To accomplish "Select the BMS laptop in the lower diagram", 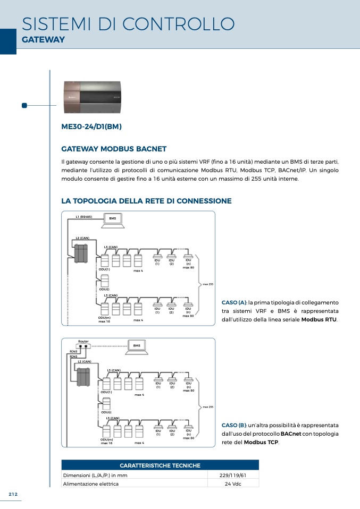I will point(137,346).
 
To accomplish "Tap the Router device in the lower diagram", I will point(83,346).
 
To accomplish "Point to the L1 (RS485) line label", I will point(84,217).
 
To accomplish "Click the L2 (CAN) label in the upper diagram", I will point(82,238).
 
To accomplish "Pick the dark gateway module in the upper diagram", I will point(81,253).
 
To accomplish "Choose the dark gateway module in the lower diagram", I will point(83,377).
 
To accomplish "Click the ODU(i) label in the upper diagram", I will point(104,289).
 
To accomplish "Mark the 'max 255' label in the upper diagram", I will point(208,284).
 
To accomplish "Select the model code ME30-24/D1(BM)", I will point(92,126).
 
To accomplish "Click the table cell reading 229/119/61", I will point(232,475).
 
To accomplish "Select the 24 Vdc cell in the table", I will point(232,483).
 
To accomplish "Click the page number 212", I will point(13,494).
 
